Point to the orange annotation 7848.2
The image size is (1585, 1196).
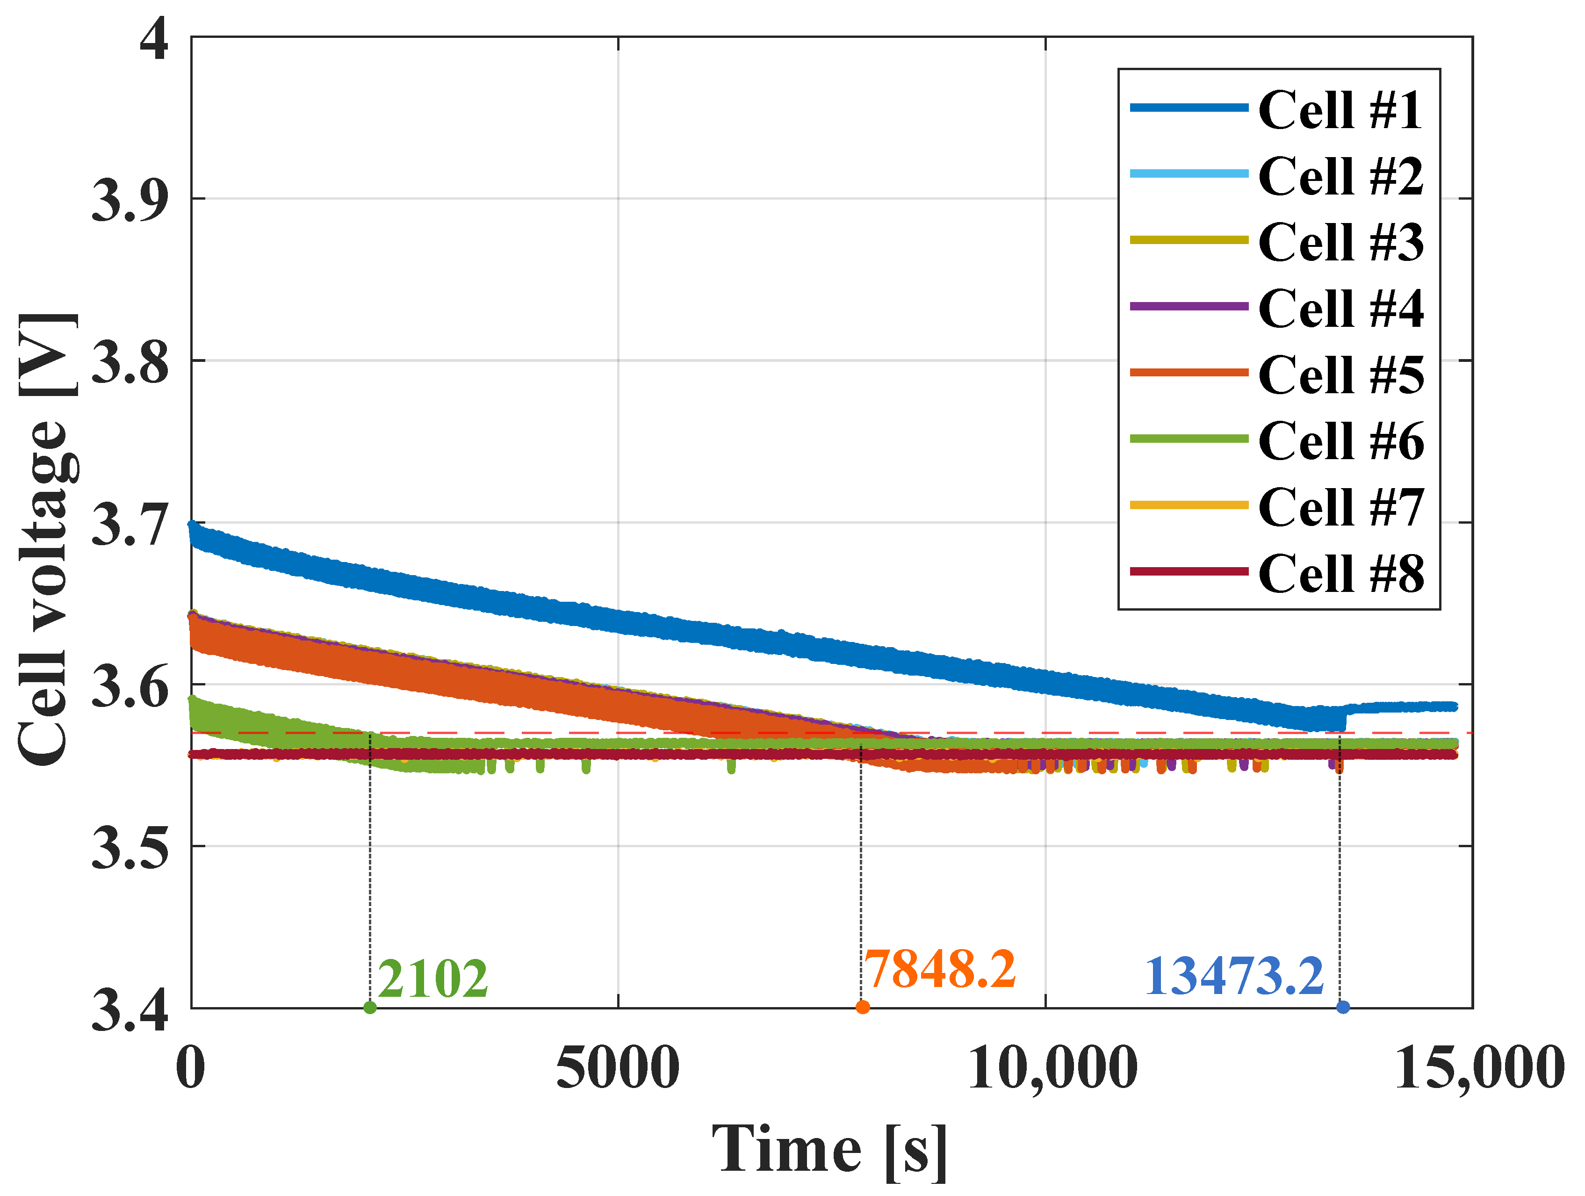tap(939, 969)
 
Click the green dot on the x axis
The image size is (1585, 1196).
tap(370, 1008)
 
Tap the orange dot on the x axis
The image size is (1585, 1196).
tap(863, 1008)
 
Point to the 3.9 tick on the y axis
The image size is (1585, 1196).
tap(130, 199)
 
